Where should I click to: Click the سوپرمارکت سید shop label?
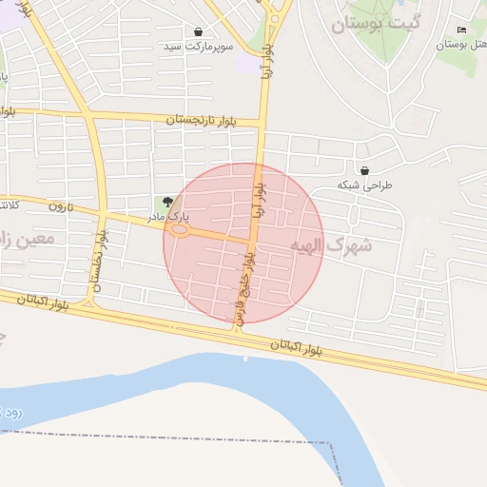click(x=198, y=47)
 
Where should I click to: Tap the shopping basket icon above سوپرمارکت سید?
click(x=198, y=32)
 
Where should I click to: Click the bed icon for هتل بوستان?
click(x=462, y=30)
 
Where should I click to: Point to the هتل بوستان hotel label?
click(x=461, y=45)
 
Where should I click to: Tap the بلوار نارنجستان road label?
click(x=212, y=121)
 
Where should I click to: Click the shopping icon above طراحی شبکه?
click(x=365, y=171)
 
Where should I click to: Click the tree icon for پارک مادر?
click(x=168, y=202)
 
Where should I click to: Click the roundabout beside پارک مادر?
click(x=179, y=229)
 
